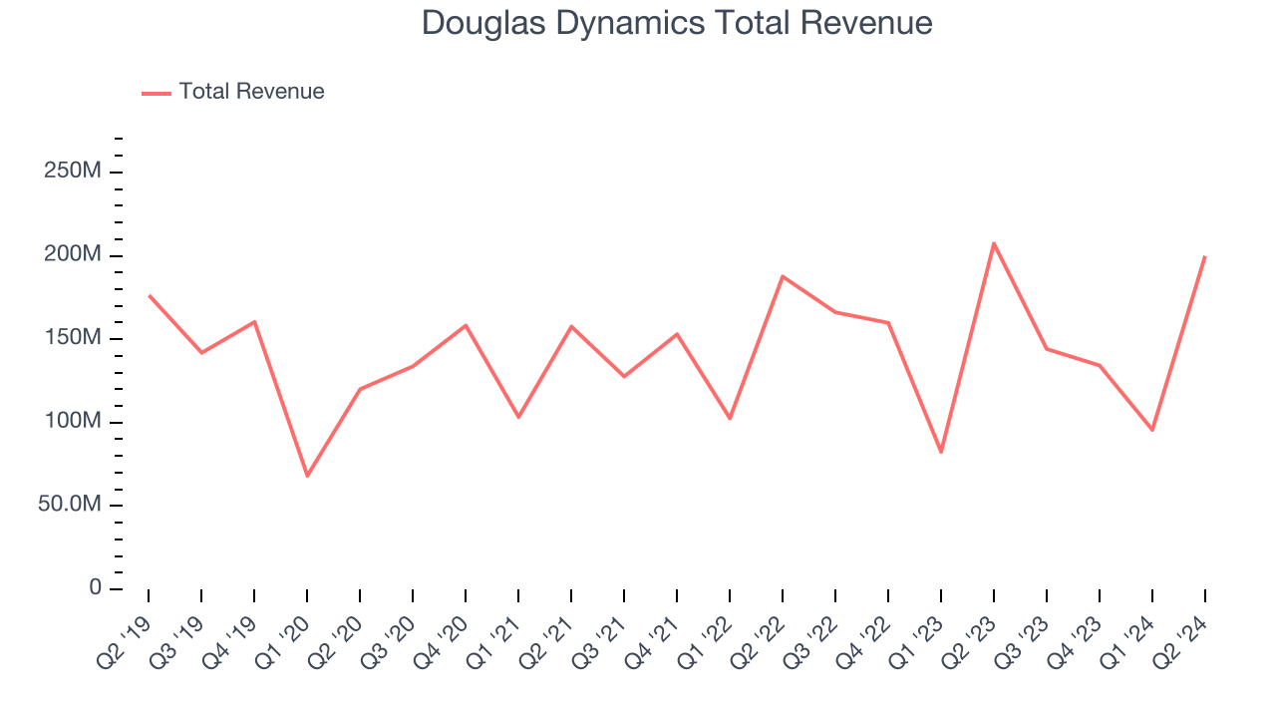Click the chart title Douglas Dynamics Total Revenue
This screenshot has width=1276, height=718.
pyautogui.click(x=677, y=23)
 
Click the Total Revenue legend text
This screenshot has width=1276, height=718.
pyautogui.click(x=251, y=92)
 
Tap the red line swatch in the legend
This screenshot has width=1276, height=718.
pyautogui.click(x=157, y=93)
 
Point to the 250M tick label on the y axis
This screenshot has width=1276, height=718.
pyautogui.click(x=73, y=172)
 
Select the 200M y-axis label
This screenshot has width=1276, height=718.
pyautogui.click(x=73, y=255)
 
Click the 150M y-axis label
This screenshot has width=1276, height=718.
pyautogui.click(x=73, y=338)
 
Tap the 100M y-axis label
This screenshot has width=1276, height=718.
pyautogui.click(x=73, y=422)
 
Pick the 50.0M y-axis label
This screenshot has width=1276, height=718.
pyautogui.click(x=69, y=505)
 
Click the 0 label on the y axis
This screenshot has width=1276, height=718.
pyautogui.click(x=95, y=588)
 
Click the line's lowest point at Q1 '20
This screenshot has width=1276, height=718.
pyautogui.click(x=307, y=476)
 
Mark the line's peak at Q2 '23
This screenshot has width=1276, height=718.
pyautogui.click(x=994, y=242)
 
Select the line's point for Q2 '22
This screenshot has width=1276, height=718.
pyautogui.click(x=783, y=276)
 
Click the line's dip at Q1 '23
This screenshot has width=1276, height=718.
pyautogui.click(x=941, y=452)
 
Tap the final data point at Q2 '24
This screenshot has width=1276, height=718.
pyautogui.click(x=1205, y=256)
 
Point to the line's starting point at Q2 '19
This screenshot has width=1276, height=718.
pyautogui.click(x=149, y=295)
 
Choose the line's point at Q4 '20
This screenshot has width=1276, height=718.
pyautogui.click(x=466, y=325)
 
